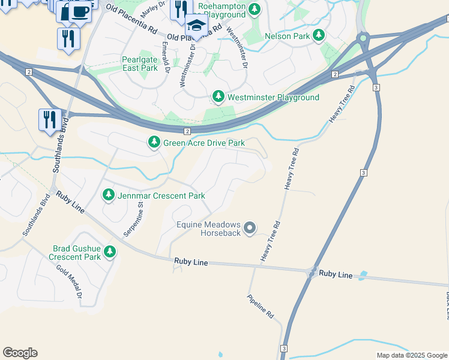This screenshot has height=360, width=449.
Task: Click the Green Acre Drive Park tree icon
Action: (x=154, y=142)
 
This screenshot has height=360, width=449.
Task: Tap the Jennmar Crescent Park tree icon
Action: (x=109, y=195)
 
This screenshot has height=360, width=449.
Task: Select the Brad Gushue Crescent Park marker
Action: (x=110, y=252)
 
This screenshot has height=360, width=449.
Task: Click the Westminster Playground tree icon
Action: (x=219, y=97)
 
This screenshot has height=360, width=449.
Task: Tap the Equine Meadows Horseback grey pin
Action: (x=250, y=228)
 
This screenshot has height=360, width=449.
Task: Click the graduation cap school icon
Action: (x=196, y=25)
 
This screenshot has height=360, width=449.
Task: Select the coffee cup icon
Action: (x=80, y=11)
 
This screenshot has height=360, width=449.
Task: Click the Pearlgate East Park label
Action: (x=140, y=64)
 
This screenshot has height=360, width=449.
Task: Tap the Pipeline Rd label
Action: (x=261, y=306)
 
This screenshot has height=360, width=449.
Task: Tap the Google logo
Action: (x=20, y=353)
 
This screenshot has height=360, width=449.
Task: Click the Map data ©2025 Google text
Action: (x=412, y=355)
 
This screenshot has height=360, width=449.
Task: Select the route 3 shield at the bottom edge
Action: (x=283, y=349)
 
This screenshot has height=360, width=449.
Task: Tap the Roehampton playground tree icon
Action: (x=255, y=9)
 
